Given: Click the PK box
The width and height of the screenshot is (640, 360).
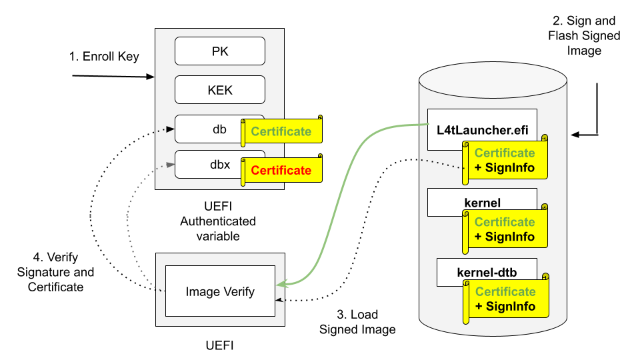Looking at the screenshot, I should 220,51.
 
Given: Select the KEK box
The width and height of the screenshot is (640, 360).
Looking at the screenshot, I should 220,89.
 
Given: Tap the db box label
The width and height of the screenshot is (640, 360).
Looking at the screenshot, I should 219,129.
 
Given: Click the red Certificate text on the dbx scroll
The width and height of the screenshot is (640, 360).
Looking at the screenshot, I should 281,170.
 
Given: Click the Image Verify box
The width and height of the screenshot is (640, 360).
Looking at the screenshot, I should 220,291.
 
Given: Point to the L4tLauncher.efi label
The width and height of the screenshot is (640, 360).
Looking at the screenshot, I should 482,129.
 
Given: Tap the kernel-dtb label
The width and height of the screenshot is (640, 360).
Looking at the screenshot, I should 487,272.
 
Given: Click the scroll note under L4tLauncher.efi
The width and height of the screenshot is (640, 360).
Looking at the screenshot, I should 505,160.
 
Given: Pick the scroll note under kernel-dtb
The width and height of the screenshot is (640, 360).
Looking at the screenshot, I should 505,299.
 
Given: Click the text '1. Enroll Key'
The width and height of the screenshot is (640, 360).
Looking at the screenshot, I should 104,57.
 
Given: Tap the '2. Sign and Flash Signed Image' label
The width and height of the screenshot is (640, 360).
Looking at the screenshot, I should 585,36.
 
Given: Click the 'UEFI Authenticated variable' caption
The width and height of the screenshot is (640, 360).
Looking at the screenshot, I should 218,221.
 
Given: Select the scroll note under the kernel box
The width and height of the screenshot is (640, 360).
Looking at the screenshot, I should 505,229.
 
